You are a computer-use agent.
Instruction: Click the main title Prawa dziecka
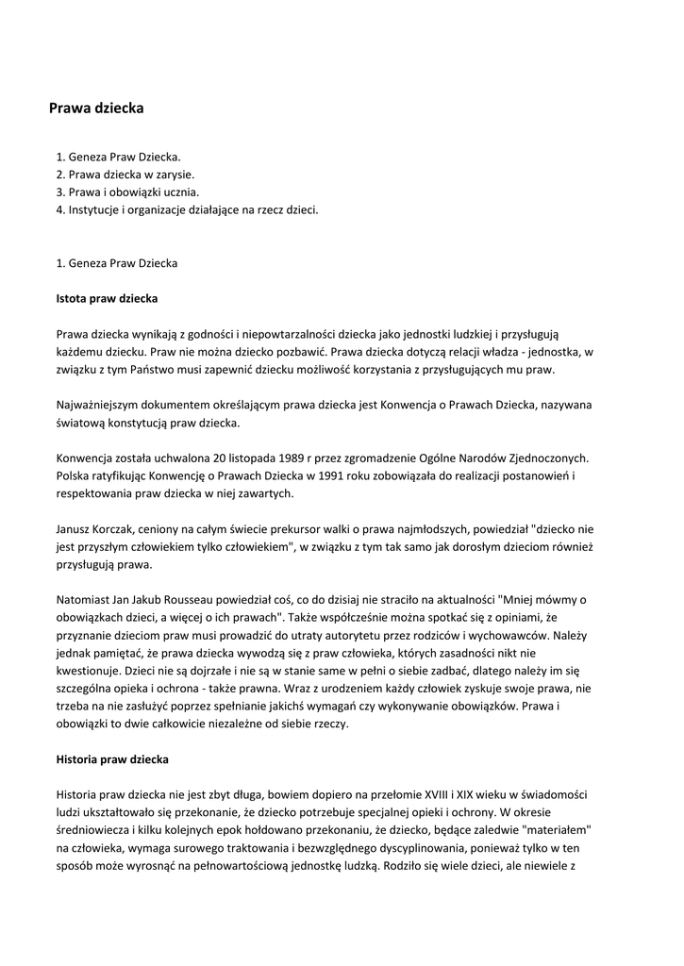(x=96, y=108)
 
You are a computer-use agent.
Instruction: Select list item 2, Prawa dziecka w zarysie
(x=125, y=175)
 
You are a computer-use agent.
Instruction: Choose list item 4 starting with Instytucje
(x=187, y=210)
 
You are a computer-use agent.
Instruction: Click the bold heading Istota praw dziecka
(x=107, y=299)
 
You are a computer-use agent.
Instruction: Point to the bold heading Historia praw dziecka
(x=112, y=758)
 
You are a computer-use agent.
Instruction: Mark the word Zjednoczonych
(x=556, y=458)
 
